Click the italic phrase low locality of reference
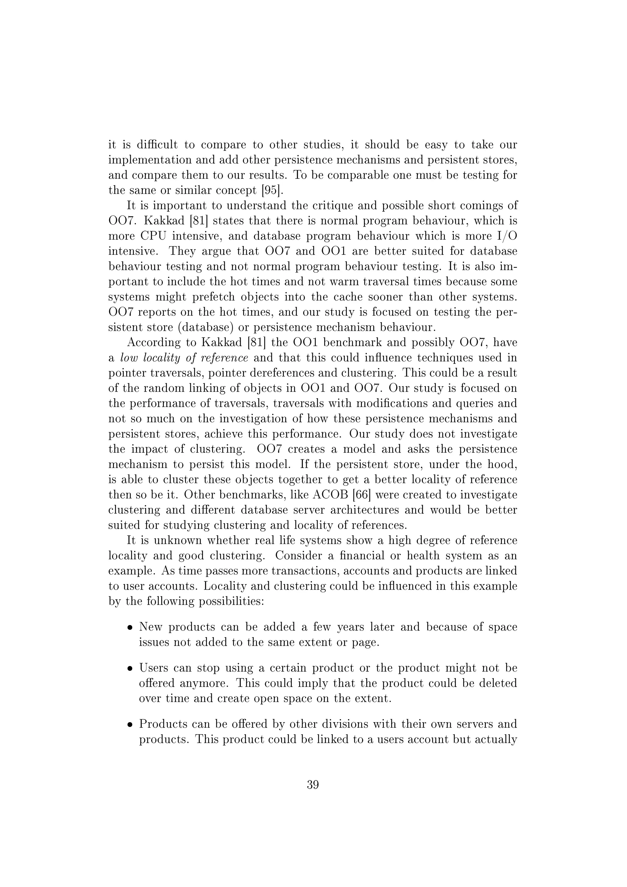pos(184,358)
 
